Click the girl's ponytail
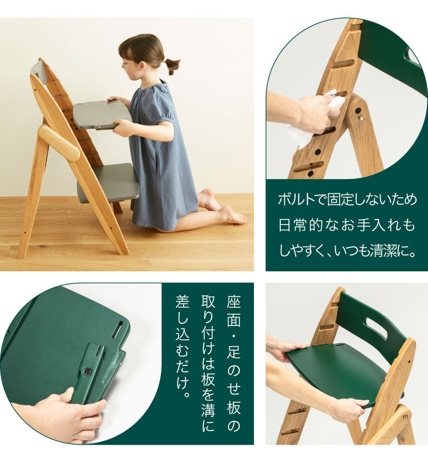pyautogui.click(x=171, y=64)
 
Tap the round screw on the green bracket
pyautogui.click(x=87, y=371)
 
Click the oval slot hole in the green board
pyautogui.click(x=118, y=329)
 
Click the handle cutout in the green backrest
pyautogui.click(x=376, y=329)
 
